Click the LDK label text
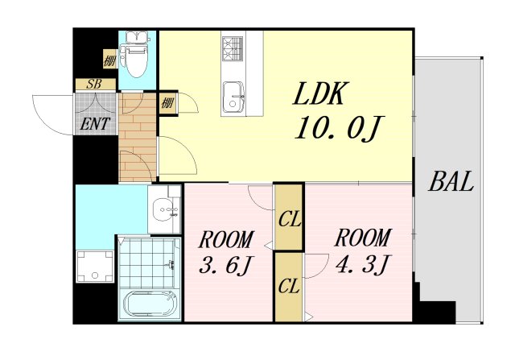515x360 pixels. coord(319,93)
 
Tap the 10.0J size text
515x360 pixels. coord(340,128)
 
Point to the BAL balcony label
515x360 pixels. coord(451,181)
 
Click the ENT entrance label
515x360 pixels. coord(95,124)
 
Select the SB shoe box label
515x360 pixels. coord(94,85)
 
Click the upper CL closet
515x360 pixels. coord(289,217)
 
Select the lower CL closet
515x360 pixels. coord(289,287)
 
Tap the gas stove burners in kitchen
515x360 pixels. coord(233,48)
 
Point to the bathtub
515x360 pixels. coord(150,304)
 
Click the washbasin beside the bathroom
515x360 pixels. coord(164,209)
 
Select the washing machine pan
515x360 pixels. coord(95,267)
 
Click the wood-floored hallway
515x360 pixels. coord(138,137)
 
